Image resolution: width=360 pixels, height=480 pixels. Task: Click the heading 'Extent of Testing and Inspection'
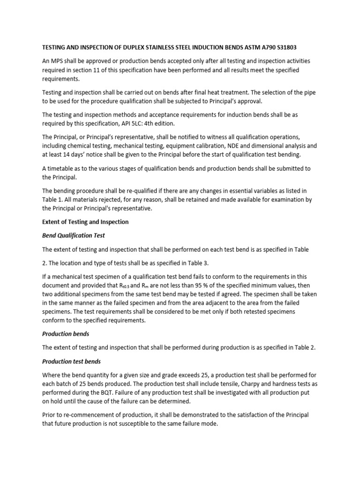pyautogui.click(x=85, y=222)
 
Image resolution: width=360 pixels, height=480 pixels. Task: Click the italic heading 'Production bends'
pyautogui.click(x=66, y=334)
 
